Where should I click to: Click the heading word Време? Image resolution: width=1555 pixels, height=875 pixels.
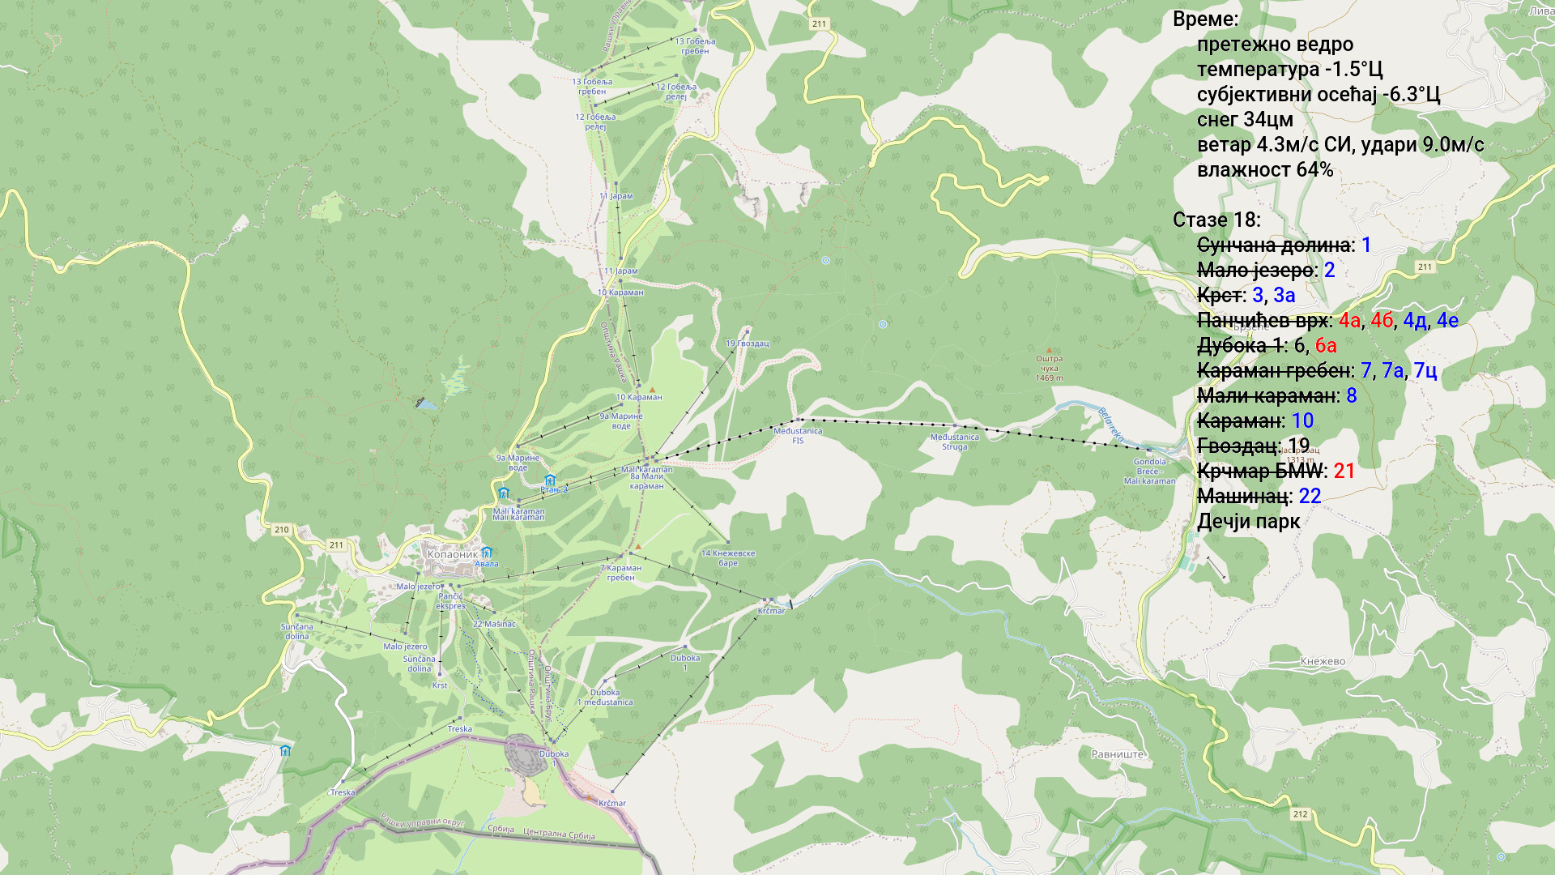[x=1205, y=19]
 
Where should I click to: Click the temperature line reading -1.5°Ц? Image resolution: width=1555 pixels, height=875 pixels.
[x=1289, y=70]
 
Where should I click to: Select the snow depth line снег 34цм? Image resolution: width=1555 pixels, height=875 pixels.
[x=1245, y=120]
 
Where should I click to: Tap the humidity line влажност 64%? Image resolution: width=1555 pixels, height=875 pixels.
[x=1264, y=170]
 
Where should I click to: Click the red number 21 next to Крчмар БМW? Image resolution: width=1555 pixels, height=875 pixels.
[x=1344, y=472]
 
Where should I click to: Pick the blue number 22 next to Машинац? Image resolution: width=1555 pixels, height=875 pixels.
[x=1310, y=497]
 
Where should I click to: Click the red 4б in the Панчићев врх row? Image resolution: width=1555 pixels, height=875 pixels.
[x=1382, y=321]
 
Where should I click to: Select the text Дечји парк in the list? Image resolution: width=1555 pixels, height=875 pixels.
[x=1248, y=522]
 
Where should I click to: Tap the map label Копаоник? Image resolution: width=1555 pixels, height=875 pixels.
[x=452, y=555]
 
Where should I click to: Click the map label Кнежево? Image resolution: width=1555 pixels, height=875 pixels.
[x=1323, y=662]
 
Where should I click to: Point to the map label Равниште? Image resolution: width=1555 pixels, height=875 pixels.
[x=1118, y=754]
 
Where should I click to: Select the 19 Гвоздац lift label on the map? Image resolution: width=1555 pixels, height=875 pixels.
[x=747, y=344]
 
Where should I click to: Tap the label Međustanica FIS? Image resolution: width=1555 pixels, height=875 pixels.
[x=798, y=436]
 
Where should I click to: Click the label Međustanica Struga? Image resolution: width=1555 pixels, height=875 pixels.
[x=954, y=442]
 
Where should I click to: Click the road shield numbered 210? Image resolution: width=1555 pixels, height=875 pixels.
[x=281, y=530]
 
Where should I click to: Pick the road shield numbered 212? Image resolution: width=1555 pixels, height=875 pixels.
[x=1300, y=814]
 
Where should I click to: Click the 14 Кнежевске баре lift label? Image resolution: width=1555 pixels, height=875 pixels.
[x=727, y=558]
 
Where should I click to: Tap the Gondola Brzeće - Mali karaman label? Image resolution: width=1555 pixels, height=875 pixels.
[x=1149, y=472]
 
